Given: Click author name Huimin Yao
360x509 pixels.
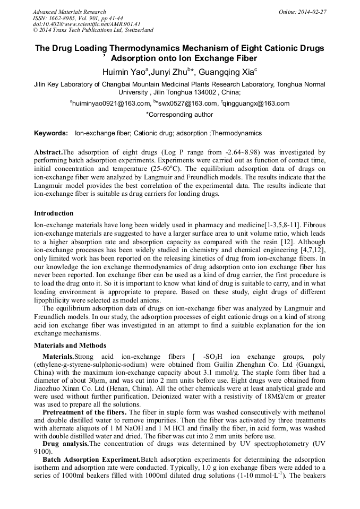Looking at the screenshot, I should pos(125,72).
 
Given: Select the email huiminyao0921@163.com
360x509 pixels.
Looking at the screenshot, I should pos(104,103).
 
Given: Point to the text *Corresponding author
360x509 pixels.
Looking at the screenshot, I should pos(179,114).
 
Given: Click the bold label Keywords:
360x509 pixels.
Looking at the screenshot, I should pos(51,133).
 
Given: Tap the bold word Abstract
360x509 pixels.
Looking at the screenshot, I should pos(48,152).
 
